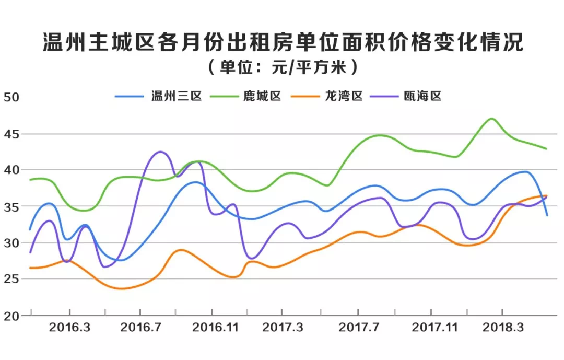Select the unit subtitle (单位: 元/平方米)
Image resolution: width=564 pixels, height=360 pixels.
coord(282,67)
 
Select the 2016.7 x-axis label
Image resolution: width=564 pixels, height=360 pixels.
coord(140,328)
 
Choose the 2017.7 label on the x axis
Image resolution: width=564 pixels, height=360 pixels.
coord(359,328)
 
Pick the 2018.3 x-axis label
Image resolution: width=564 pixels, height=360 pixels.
coord(503,328)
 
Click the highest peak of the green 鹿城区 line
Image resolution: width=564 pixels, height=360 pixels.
coord(491,119)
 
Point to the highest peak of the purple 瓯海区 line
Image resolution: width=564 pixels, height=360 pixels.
coord(160,152)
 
